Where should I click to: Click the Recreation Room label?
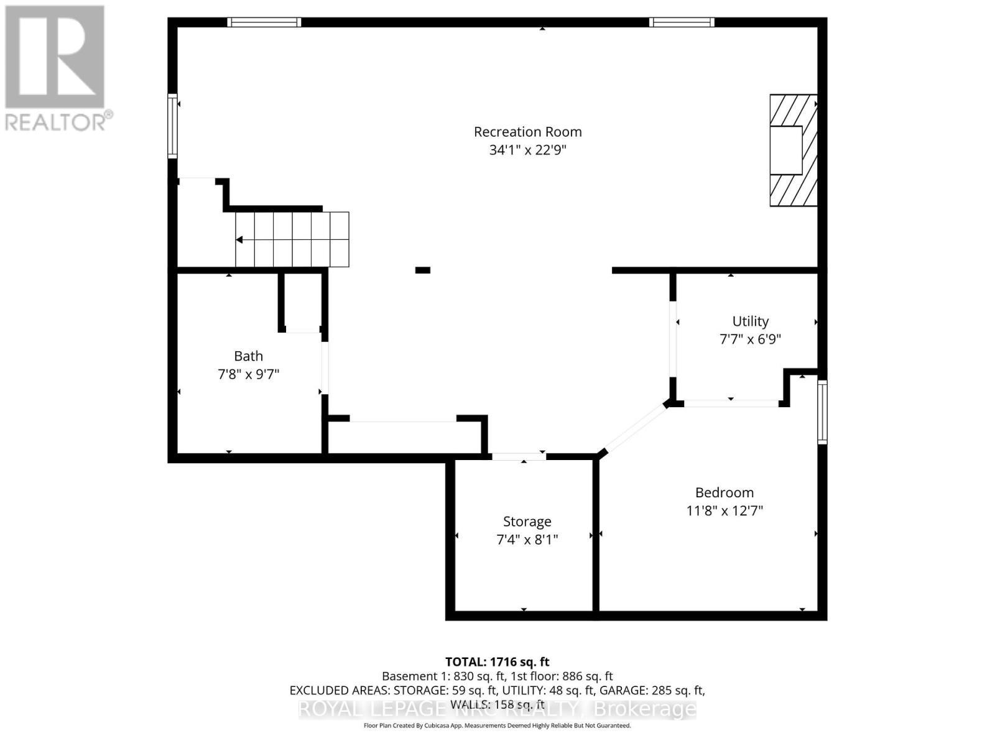(x=527, y=132)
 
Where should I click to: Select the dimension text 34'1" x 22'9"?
(x=527, y=150)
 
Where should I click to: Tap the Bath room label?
(x=248, y=356)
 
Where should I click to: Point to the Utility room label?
(x=750, y=321)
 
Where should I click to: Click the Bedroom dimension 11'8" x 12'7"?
(x=724, y=511)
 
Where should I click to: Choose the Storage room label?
(x=527, y=522)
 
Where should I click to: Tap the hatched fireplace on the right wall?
(x=793, y=150)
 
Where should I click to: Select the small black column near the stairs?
(x=423, y=270)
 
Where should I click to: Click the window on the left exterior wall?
(x=172, y=126)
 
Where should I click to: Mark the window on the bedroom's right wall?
(x=822, y=412)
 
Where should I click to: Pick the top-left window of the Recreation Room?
(x=264, y=22)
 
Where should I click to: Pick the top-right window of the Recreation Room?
(x=682, y=22)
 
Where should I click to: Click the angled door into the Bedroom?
(x=634, y=427)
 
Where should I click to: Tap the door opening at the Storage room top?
(x=519, y=457)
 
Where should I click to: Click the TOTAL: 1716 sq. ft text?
(x=497, y=662)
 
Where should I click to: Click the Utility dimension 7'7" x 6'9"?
(x=750, y=339)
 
